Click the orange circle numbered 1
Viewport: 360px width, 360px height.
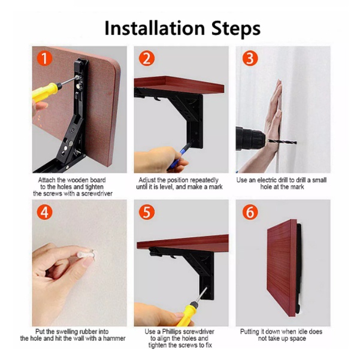[x=44, y=58]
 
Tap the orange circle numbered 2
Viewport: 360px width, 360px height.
[x=147, y=58]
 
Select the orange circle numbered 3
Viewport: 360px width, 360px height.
[x=250, y=58]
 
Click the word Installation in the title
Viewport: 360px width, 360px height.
[x=155, y=28]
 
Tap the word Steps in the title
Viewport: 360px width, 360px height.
[x=236, y=29]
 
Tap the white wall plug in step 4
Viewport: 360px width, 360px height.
[x=86, y=255]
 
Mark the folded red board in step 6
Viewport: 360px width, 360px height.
[x=282, y=268]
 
